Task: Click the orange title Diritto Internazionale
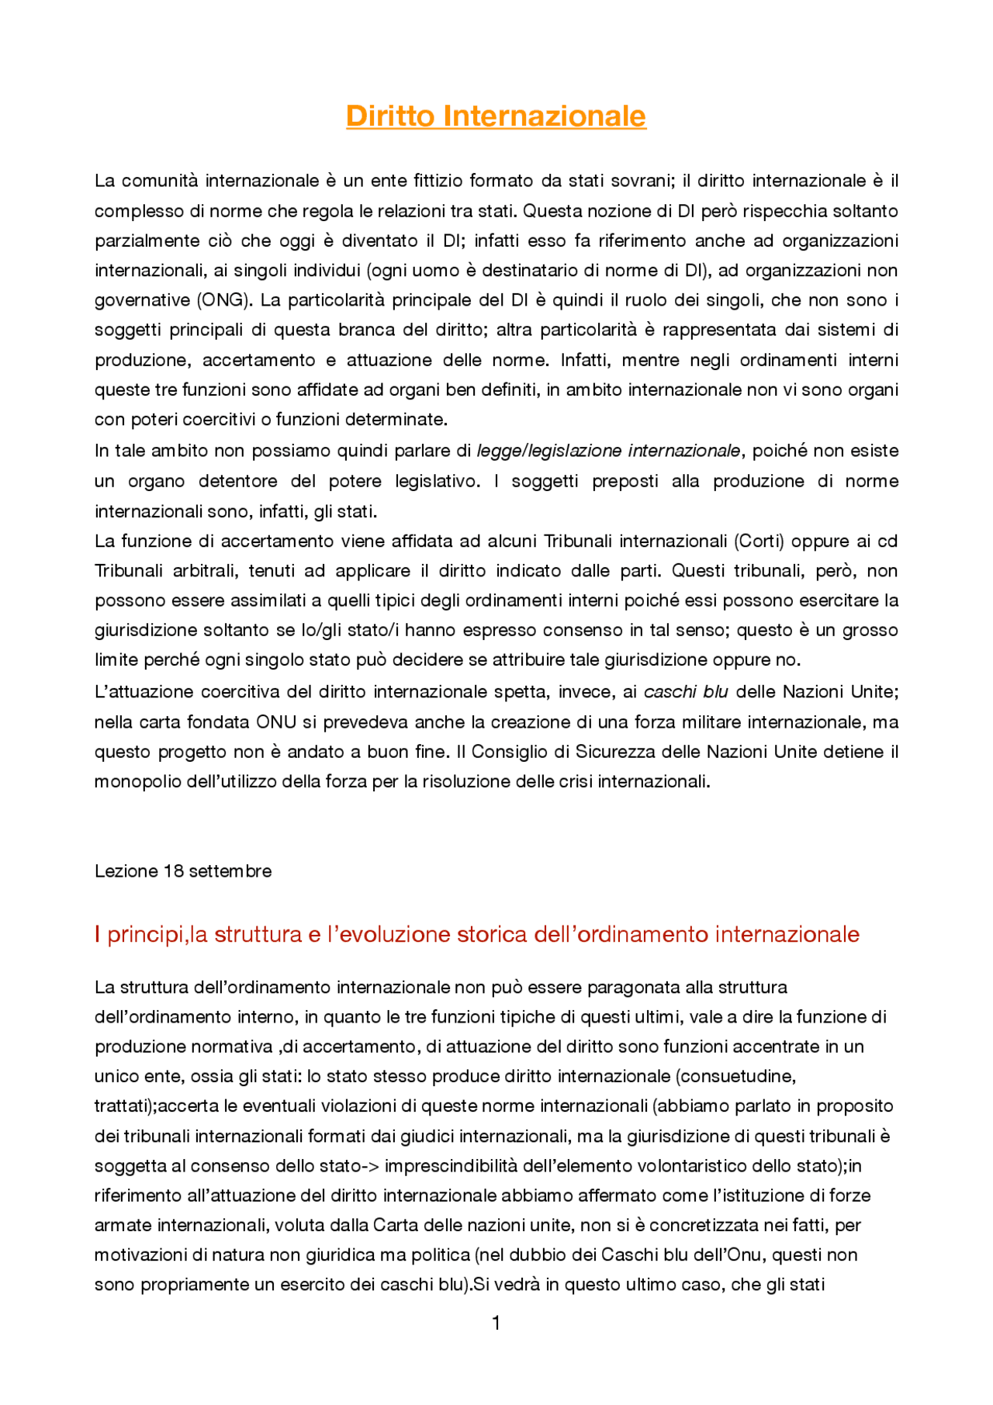click(x=496, y=116)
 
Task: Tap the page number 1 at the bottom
click(x=496, y=1322)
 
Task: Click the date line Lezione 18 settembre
click(x=183, y=871)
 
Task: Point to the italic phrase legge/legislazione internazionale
click(x=608, y=451)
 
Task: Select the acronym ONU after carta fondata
click(x=276, y=722)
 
